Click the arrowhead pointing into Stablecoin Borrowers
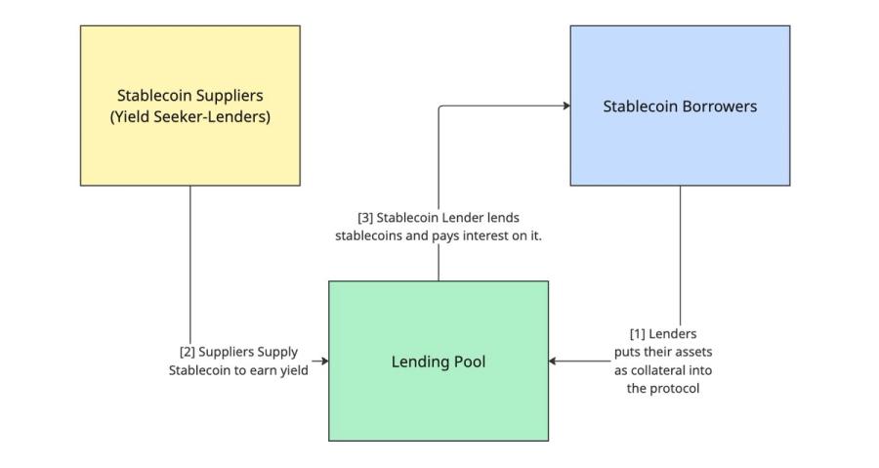(x=565, y=106)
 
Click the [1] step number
(x=638, y=334)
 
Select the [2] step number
(x=188, y=352)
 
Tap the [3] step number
(x=365, y=218)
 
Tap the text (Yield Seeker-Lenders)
(x=190, y=117)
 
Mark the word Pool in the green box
(x=467, y=362)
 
